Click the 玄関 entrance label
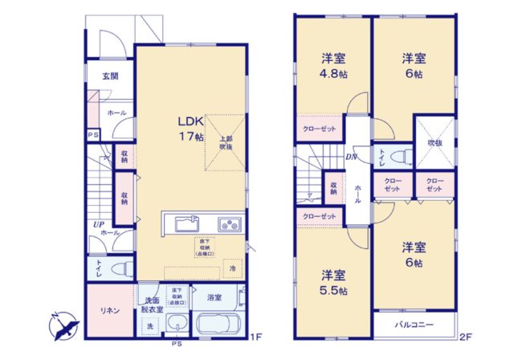pyautogui.click(x=110, y=76)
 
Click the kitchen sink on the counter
pyautogui.click(x=181, y=223)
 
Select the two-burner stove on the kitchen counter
pyautogui.click(x=228, y=223)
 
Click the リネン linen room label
pyautogui.click(x=109, y=310)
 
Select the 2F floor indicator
pyautogui.click(x=466, y=338)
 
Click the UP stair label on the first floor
pyautogui.click(x=98, y=223)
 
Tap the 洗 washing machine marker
pyautogui.click(x=149, y=325)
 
